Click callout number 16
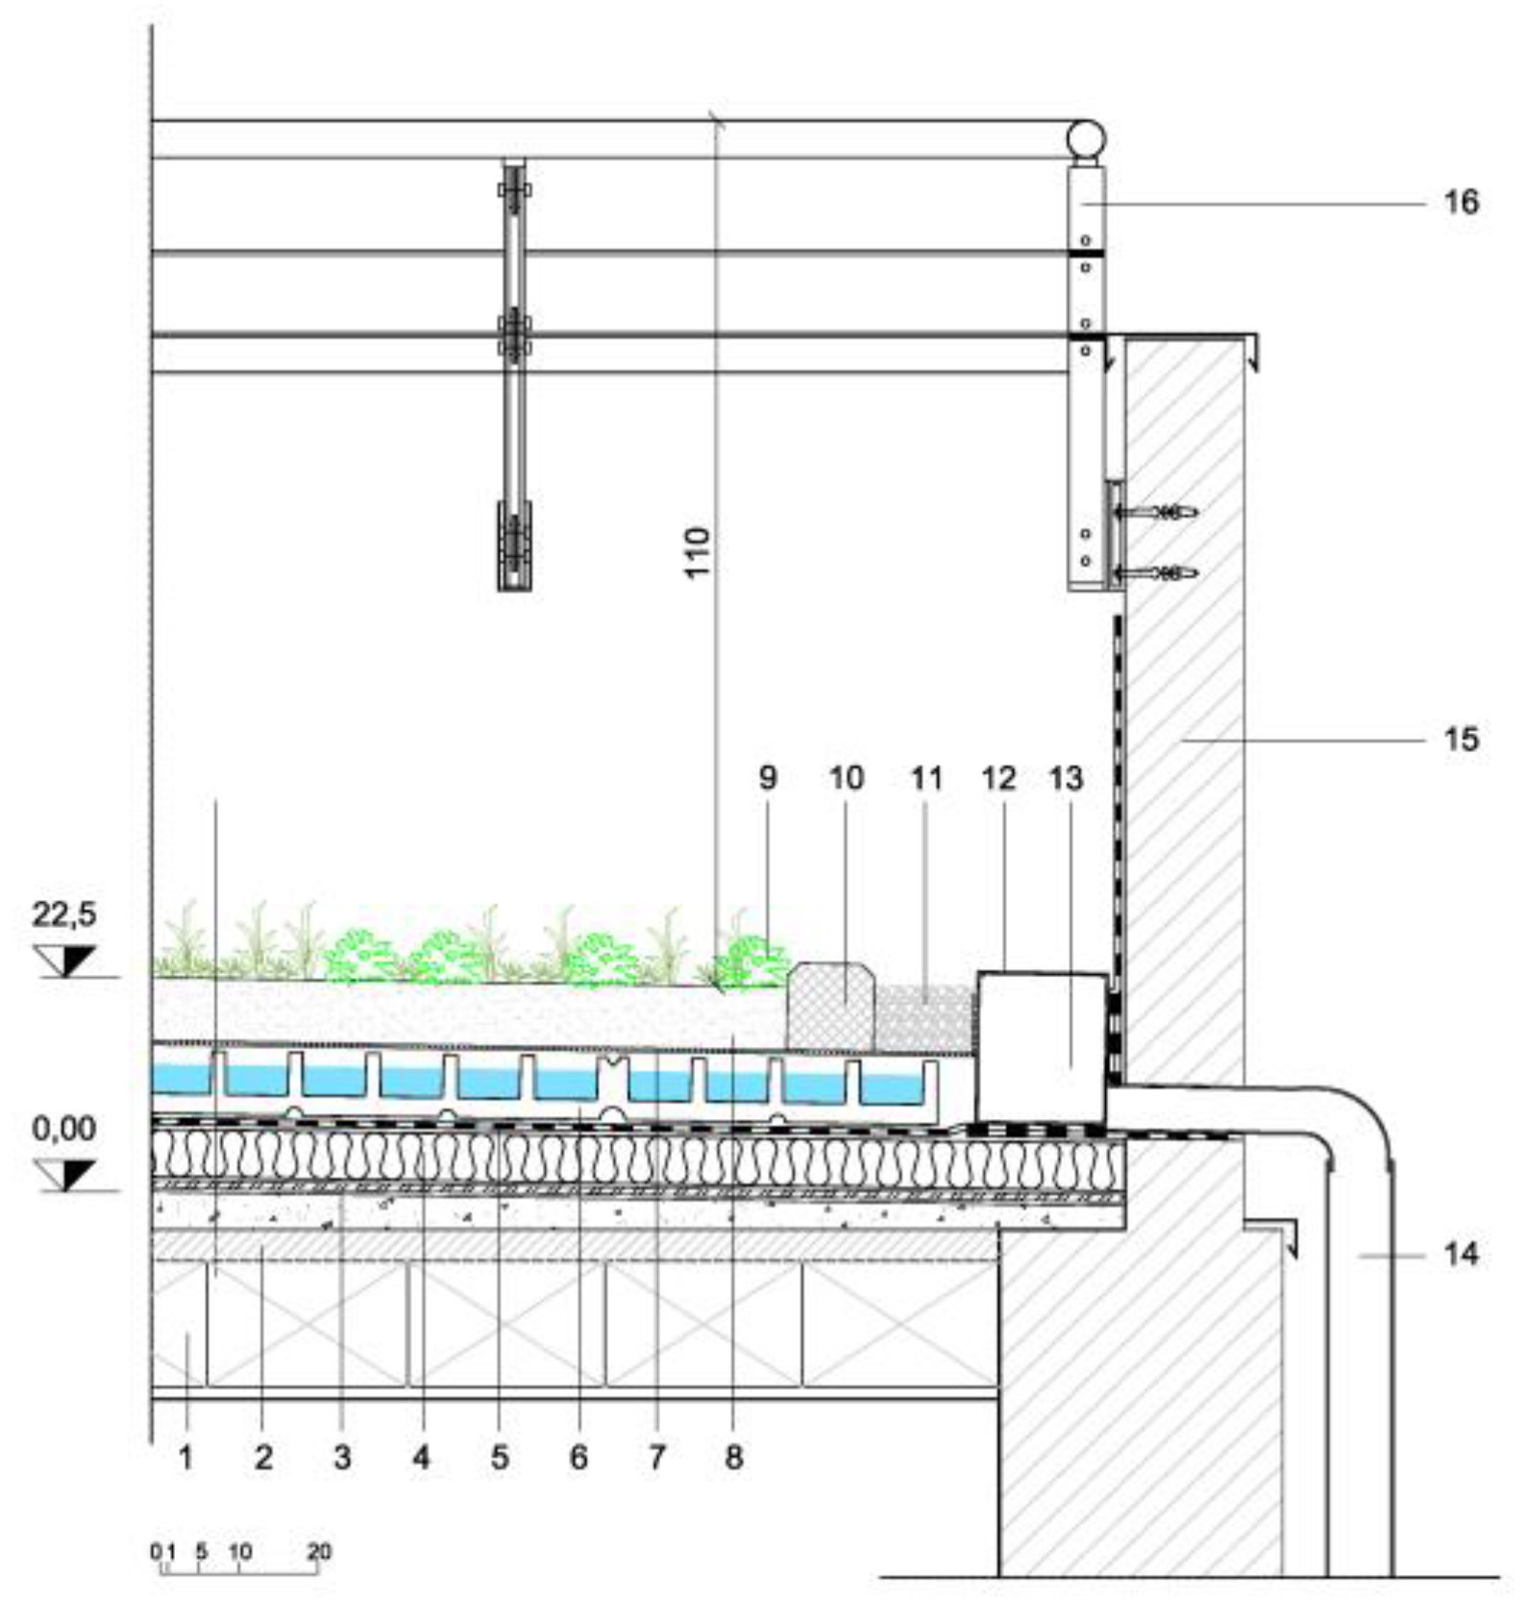pos(1461,203)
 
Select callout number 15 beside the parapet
pos(1461,739)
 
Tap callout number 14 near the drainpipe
pos(1461,1254)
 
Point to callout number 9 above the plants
pos(767,777)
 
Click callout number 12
pos(998,777)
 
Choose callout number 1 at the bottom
pos(185,1457)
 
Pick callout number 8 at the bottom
pos(734,1457)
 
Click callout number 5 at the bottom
pos(500,1457)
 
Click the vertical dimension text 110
pos(698,552)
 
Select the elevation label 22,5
pos(64,913)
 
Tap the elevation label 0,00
pos(64,1128)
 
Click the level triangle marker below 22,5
pos(65,961)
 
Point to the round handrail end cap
pos(1085,140)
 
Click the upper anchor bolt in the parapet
pos(1157,513)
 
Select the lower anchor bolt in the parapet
pos(1157,573)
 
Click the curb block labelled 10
pos(831,1009)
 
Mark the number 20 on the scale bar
pos(319,1551)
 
